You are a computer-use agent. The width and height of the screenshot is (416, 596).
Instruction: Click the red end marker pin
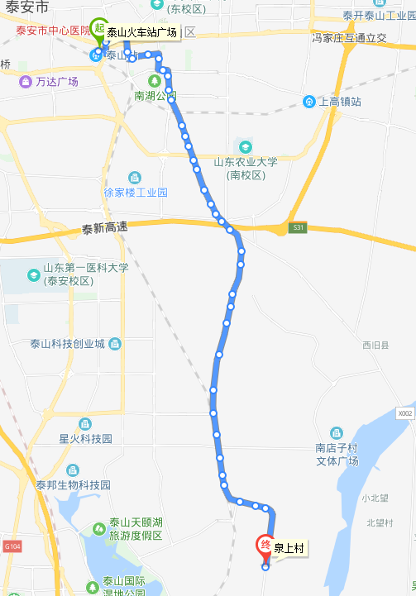coord(265,545)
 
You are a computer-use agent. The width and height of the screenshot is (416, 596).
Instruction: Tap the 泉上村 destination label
coord(289,548)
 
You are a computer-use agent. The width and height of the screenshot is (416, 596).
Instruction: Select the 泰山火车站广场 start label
coord(141,33)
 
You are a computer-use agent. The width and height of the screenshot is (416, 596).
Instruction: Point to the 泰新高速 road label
coord(105,228)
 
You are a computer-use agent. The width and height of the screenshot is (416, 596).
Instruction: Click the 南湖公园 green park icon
coord(154,81)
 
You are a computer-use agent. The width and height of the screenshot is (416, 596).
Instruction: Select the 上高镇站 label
coord(339,102)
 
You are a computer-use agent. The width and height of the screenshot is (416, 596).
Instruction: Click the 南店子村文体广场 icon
coord(337,433)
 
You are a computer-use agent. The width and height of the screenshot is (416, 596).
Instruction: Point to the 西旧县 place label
coord(375,345)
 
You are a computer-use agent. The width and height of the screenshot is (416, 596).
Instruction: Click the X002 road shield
coord(404,413)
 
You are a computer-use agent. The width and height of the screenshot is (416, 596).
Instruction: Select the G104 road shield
coord(11,546)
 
